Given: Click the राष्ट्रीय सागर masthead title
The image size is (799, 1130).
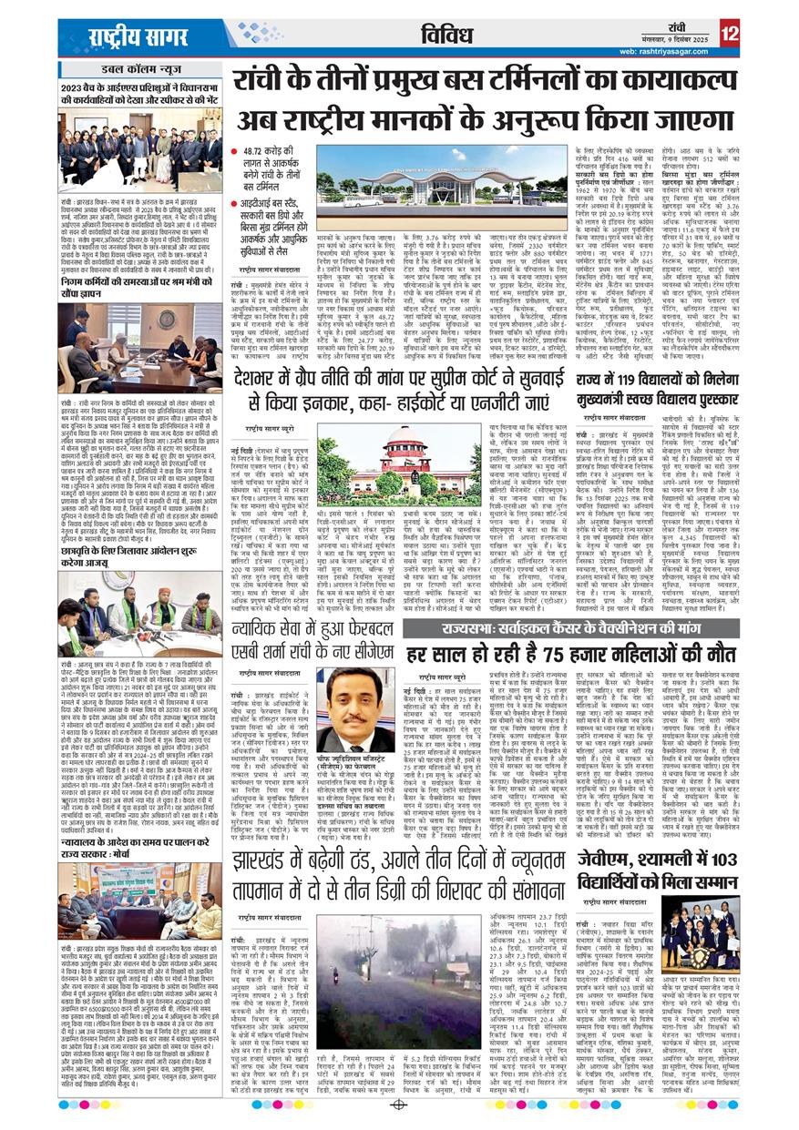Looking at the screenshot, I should pos(138,38).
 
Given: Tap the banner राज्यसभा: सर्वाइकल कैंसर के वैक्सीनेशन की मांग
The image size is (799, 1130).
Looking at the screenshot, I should pos(571,628).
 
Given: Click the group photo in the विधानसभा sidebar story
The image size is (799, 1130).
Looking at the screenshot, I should pos(139,150).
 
